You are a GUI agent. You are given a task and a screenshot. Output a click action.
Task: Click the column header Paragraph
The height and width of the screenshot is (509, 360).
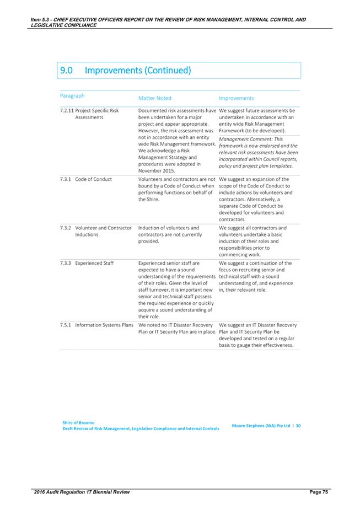(x=73, y=95)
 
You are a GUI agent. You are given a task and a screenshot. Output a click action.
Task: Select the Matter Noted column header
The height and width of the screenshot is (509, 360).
(x=155, y=98)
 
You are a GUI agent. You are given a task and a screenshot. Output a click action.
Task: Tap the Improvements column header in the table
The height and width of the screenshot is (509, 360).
(x=236, y=98)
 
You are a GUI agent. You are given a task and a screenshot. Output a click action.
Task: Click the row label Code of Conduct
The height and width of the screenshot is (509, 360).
(x=94, y=179)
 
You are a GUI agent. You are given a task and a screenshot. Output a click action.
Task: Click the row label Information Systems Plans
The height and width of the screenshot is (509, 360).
(x=105, y=325)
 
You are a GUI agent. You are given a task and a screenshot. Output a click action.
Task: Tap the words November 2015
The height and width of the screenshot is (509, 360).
(x=157, y=170)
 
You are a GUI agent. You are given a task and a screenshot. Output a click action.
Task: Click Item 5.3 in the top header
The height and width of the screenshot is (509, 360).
(x=42, y=20)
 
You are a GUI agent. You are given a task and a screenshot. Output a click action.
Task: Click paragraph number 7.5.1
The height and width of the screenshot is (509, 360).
(x=66, y=325)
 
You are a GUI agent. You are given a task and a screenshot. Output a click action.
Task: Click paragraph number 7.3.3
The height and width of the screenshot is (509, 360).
(x=66, y=263)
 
